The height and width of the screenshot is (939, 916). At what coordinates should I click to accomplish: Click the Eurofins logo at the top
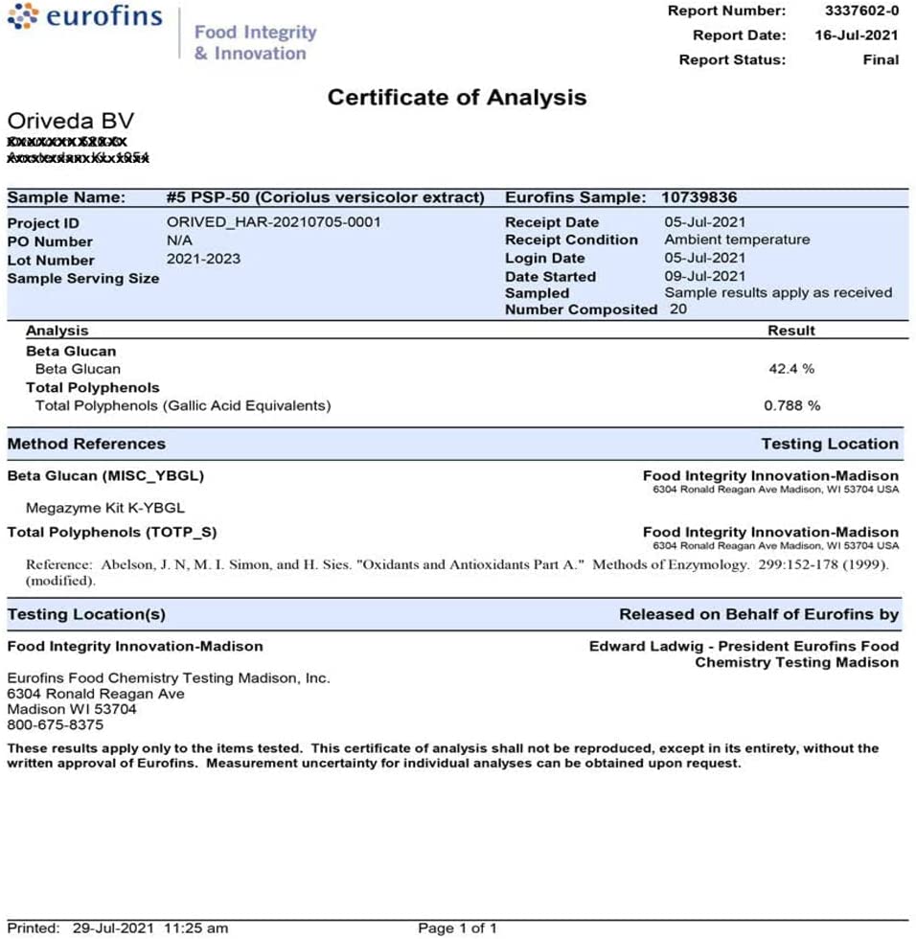[x=85, y=18]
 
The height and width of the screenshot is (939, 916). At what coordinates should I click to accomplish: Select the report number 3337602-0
[x=861, y=11]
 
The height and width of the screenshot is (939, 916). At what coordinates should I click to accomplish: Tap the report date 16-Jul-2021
[x=856, y=35]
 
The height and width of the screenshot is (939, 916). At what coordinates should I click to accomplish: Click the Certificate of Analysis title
[x=456, y=97]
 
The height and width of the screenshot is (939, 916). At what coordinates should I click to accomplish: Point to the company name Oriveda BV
[x=71, y=122]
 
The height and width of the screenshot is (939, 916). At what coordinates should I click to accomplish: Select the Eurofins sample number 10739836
[x=699, y=197]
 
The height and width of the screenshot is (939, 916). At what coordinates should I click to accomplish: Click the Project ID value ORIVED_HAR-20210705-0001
[x=273, y=222]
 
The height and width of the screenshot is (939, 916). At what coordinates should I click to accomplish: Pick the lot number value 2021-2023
[x=203, y=259]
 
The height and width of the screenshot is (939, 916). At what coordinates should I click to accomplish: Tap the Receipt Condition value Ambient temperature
[x=737, y=240]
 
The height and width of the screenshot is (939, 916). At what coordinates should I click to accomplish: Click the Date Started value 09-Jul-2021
[x=704, y=276]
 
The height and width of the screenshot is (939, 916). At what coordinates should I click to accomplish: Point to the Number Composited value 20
[x=678, y=309]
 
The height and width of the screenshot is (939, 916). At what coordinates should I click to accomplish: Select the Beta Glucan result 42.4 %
[x=790, y=369]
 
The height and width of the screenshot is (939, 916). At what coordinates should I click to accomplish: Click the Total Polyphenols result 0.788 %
[x=791, y=405]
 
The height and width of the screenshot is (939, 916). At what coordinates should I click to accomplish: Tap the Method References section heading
[x=86, y=444]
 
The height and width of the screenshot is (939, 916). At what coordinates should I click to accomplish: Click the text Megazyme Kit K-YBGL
[x=105, y=508]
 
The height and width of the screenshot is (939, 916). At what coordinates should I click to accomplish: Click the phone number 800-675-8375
[x=55, y=724]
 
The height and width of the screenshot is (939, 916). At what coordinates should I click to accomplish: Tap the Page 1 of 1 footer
[x=457, y=928]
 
